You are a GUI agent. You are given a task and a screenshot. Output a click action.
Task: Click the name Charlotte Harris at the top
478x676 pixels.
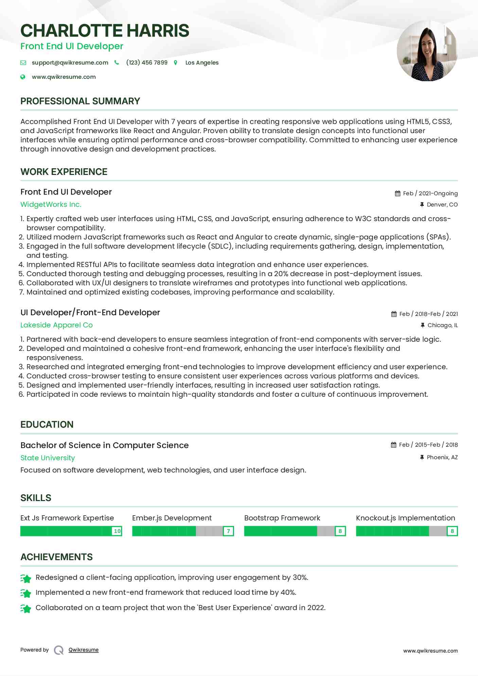coord(105,31)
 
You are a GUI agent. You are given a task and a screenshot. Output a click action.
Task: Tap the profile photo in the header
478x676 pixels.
coord(427,51)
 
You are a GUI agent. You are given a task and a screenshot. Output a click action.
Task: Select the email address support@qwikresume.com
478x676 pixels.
coord(70,63)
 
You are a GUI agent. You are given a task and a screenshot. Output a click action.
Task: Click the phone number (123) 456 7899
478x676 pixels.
coord(147,63)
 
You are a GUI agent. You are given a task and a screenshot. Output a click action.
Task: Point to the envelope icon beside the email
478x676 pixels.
coord(23,63)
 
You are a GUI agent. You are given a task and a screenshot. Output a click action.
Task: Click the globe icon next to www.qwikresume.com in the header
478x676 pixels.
coord(23,77)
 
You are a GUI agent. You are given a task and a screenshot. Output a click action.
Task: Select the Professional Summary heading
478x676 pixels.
coord(80,101)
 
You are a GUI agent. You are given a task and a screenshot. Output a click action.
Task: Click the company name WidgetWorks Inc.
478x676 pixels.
coord(51,204)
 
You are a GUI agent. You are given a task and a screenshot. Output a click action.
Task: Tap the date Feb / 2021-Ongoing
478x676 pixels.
coord(430,193)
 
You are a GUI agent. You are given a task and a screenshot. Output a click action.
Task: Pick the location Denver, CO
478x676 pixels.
coord(442,204)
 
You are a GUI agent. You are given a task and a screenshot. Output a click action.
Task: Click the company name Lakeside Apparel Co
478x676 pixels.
coord(56,325)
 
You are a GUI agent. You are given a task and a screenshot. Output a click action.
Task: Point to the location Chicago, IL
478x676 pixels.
coord(442,325)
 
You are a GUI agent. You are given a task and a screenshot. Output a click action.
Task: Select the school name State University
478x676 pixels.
coord(48,458)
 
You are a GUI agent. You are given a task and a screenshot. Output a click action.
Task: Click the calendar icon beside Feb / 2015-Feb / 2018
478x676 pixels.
coord(393,445)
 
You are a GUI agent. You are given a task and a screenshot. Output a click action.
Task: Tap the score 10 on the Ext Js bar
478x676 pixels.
coord(117,531)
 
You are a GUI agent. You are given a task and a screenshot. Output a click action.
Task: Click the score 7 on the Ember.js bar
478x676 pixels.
coord(229,531)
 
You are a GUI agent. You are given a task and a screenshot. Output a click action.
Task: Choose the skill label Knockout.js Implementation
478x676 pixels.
coord(405,518)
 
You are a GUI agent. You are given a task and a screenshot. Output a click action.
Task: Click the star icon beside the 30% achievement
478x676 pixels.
coord(26,578)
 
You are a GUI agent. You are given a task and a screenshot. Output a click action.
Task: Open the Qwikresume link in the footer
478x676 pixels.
coord(84,650)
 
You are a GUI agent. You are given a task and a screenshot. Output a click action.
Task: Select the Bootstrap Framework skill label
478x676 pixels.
coord(282,518)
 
